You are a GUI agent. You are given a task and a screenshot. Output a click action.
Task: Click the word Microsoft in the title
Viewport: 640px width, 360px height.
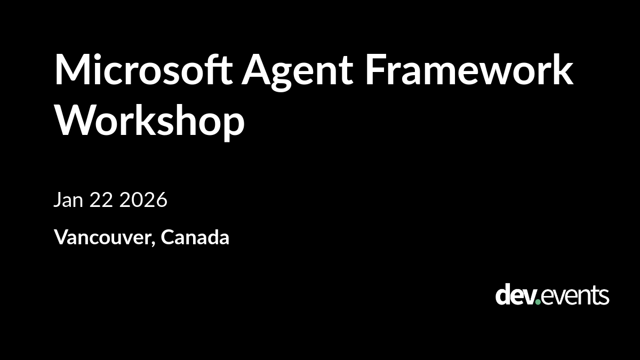tap(143, 69)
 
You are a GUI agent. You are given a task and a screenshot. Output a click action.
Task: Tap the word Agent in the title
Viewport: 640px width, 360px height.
tap(298, 73)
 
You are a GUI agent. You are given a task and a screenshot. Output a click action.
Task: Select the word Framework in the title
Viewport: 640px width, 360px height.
tap(469, 69)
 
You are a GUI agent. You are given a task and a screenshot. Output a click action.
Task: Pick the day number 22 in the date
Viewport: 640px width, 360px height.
tap(101, 199)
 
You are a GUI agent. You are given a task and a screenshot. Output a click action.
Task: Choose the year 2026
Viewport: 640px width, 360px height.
tap(143, 199)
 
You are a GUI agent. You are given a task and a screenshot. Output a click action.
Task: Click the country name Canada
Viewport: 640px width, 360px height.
tap(195, 237)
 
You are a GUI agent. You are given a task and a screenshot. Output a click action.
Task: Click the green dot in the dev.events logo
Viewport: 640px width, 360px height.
tap(538, 302)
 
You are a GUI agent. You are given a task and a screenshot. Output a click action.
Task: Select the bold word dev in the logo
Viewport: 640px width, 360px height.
tap(515, 294)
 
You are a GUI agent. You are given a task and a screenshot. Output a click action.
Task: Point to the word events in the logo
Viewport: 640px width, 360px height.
tap(575, 296)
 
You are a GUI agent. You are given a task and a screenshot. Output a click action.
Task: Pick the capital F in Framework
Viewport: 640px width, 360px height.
tap(375, 69)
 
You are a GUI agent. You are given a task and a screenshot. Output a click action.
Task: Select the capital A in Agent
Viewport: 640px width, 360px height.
tap(256, 69)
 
